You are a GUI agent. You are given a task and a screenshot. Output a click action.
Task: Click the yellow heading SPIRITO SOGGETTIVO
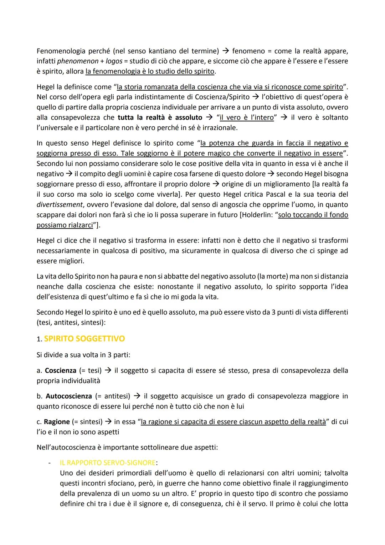click(x=84, y=339)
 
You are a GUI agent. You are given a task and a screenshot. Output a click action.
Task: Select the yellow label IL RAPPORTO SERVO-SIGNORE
click(x=107, y=463)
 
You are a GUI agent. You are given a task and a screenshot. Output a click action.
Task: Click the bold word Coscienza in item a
click(x=61, y=370)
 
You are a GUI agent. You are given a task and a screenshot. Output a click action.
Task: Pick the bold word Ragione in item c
click(x=57, y=422)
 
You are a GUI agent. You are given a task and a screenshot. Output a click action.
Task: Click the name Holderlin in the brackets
click(x=256, y=215)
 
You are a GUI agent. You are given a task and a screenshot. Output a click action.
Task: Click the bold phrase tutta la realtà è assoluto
click(x=160, y=118)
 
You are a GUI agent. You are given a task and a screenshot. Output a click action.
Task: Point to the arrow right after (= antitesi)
click(x=137, y=396)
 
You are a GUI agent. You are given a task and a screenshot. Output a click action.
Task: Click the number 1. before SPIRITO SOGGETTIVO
click(x=39, y=339)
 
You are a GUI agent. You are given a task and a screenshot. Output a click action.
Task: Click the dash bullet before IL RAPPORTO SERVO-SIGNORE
click(x=50, y=463)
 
